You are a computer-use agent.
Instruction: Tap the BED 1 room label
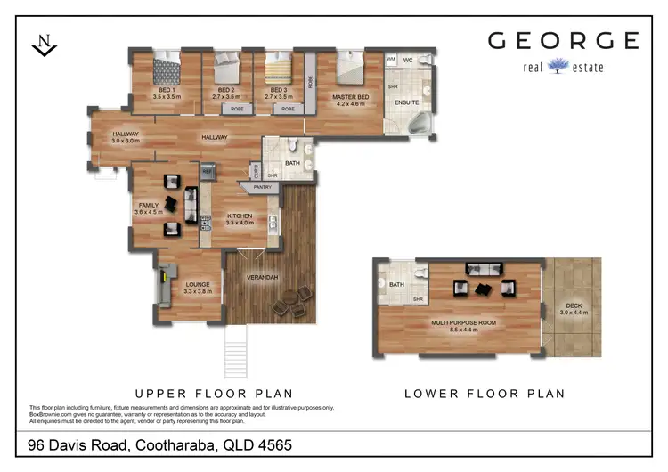point(167,90)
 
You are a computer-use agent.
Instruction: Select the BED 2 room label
point(225,90)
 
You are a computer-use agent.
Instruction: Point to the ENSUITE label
point(406,102)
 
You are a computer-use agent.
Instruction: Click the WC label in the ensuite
point(407,60)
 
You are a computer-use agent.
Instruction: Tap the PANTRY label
point(262,187)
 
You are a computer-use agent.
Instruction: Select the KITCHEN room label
point(240,216)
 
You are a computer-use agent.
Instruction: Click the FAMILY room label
point(148,205)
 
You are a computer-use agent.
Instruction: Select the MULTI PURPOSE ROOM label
point(463,321)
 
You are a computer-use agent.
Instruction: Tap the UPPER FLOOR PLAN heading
point(213,393)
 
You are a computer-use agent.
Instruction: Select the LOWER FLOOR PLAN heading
point(484,393)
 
